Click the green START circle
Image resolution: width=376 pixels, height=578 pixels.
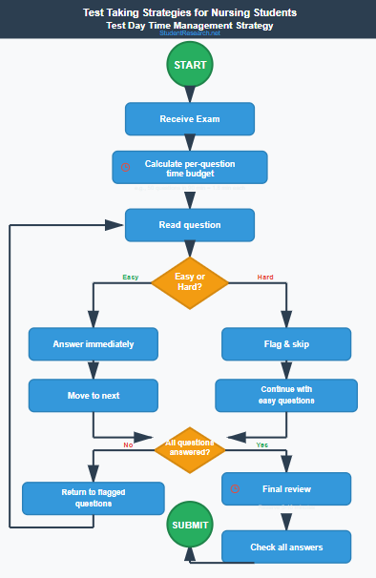pyautogui.click(x=189, y=66)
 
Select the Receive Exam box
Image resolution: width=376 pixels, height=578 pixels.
pyautogui.click(x=189, y=119)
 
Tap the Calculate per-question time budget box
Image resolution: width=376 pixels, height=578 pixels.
pyautogui.click(x=189, y=168)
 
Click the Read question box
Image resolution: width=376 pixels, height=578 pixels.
pyautogui.click(x=189, y=225)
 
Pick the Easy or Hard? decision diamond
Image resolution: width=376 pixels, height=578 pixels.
pyautogui.click(x=189, y=282)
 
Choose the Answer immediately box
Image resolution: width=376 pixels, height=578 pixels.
pyautogui.click(x=93, y=343)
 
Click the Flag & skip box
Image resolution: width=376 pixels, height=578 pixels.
pyautogui.click(x=286, y=343)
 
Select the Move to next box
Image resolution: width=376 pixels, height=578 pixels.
pyautogui.click(x=93, y=394)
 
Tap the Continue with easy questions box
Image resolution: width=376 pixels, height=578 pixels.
pyautogui.click(x=286, y=395)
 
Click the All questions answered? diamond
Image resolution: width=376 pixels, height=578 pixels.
pyautogui.click(x=189, y=447)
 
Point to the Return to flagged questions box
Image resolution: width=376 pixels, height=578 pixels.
pyautogui.click(x=94, y=498)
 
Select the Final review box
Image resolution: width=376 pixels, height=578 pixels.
pyautogui.click(x=286, y=489)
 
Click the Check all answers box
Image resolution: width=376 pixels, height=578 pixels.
pyautogui.click(x=286, y=547)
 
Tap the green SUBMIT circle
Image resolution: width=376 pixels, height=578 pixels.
pyautogui.click(x=189, y=526)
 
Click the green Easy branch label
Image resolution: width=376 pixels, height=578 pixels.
pyautogui.click(x=131, y=277)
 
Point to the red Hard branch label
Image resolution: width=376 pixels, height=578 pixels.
pyautogui.click(x=265, y=277)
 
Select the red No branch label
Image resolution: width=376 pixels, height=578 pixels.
pyautogui.click(x=128, y=444)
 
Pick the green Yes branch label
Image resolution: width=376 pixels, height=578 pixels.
pyautogui.click(x=262, y=444)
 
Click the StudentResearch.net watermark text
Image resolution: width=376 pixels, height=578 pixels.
pyautogui.click(x=189, y=33)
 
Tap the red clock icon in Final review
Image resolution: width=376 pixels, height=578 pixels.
pyautogui.click(x=236, y=489)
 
